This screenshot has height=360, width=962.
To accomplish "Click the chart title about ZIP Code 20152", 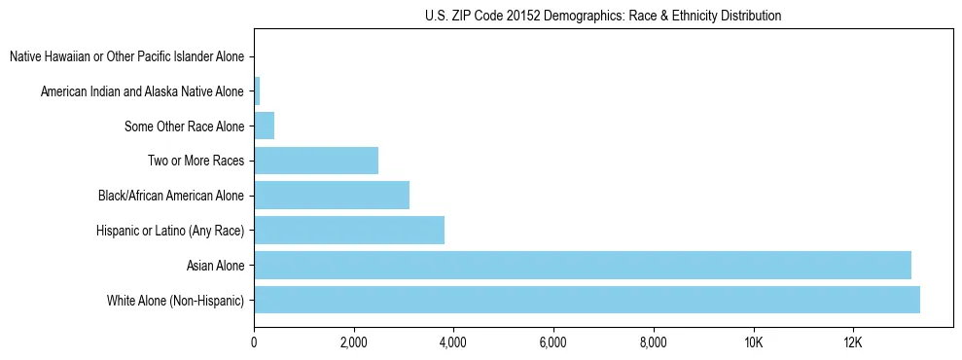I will click(603, 16).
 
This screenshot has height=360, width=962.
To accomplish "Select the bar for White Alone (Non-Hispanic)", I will click(587, 300).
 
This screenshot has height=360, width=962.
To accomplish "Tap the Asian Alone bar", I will click(583, 265).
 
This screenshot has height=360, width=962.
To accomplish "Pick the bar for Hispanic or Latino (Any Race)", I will click(349, 231).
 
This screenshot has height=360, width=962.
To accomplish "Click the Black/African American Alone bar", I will click(332, 196).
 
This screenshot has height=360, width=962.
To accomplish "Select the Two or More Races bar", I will click(316, 161).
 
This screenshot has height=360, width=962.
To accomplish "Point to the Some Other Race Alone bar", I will click(265, 126).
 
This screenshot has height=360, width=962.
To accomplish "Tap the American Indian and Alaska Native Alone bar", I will click(257, 91).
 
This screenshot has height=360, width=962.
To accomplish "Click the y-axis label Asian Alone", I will click(215, 265).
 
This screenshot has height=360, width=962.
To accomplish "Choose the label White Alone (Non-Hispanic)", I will click(176, 300).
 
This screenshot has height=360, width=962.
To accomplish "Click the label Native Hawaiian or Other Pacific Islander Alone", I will click(127, 56).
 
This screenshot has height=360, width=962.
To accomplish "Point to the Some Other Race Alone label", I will click(185, 126).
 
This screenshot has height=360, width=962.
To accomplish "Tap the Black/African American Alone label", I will click(171, 196).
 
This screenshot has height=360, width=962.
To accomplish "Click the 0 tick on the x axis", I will click(254, 342).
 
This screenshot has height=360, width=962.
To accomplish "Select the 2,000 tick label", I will click(354, 342).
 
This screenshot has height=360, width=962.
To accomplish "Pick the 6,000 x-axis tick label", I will click(553, 342).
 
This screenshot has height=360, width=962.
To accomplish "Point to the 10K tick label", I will click(753, 342).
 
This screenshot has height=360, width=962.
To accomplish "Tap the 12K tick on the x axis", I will click(853, 342).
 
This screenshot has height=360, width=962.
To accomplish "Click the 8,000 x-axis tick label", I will click(654, 342).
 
